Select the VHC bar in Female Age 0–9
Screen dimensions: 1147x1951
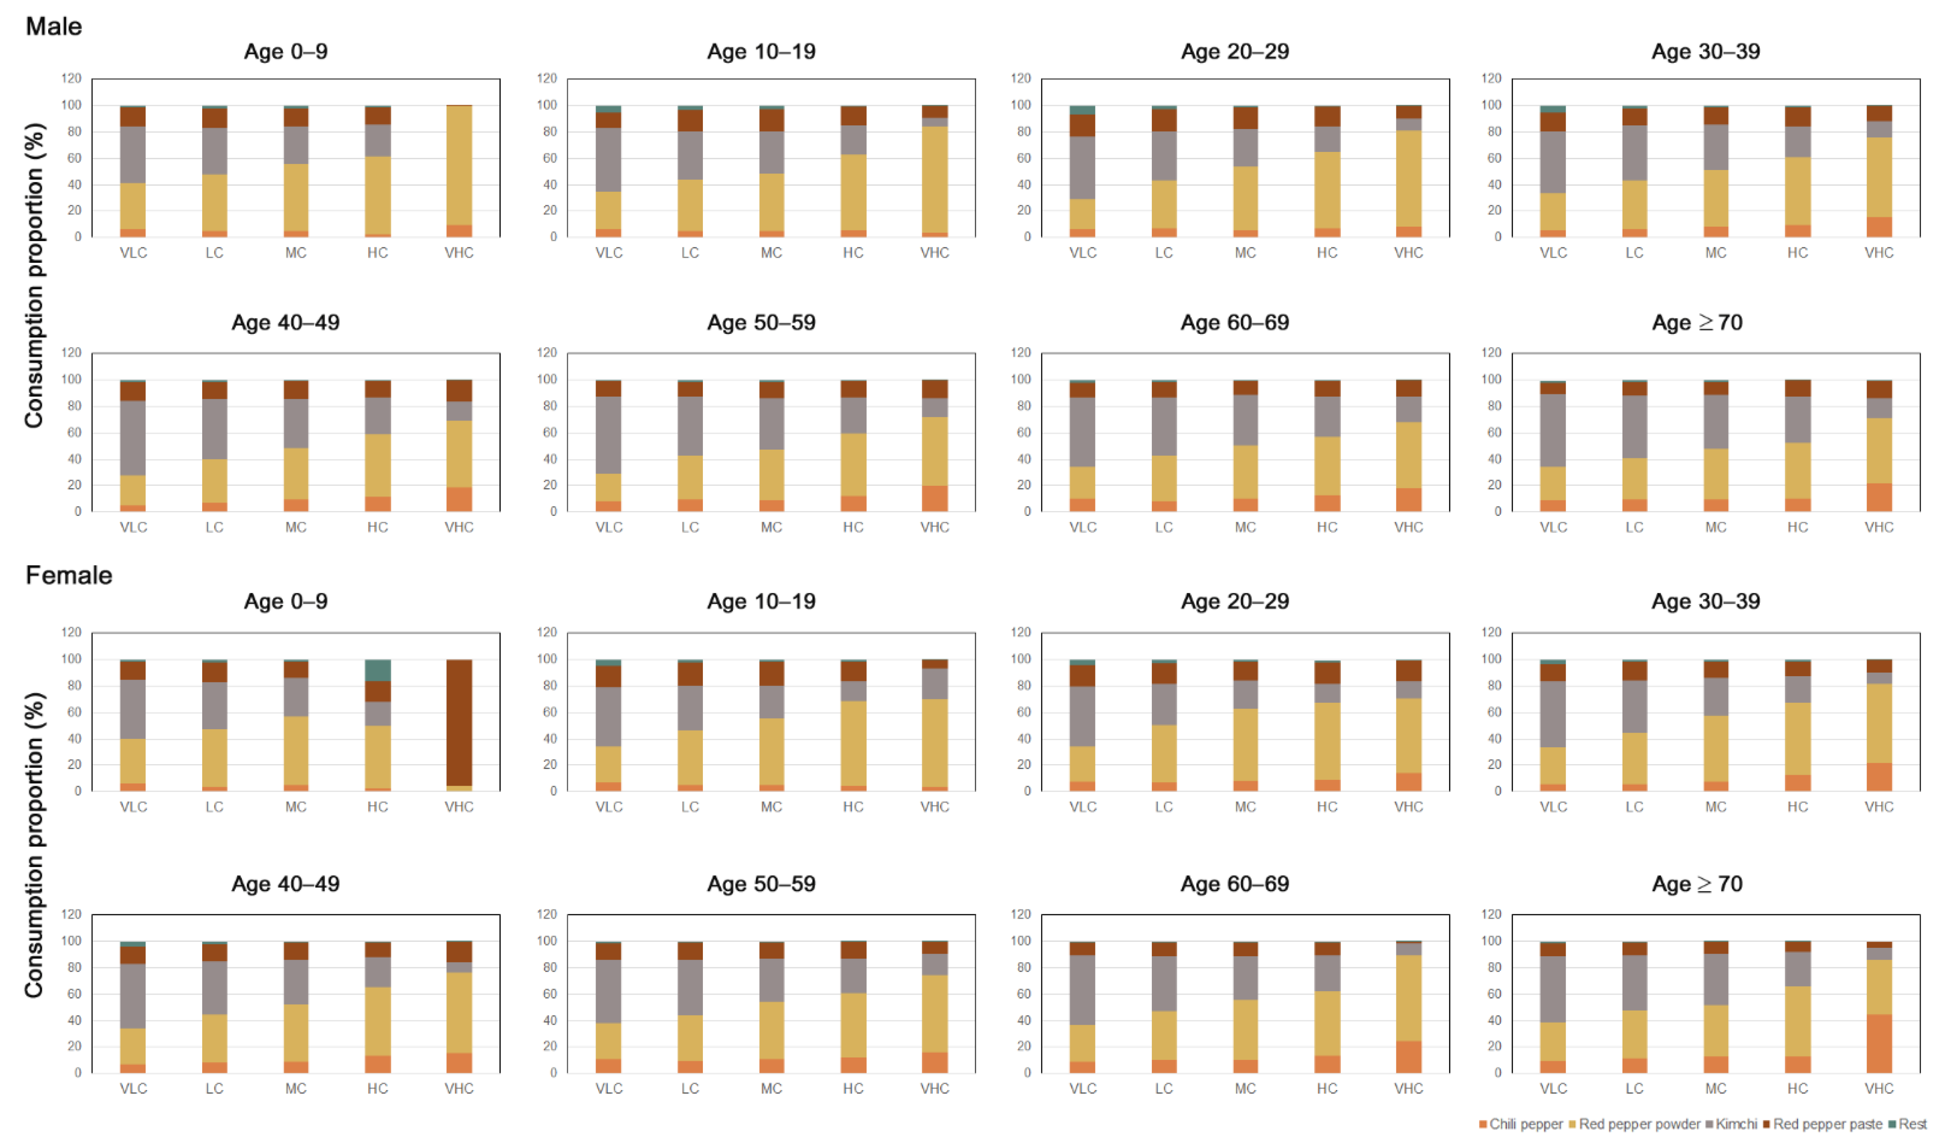(459, 725)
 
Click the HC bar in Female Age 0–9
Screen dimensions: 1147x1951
(378, 725)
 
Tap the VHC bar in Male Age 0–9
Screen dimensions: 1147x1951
(459, 170)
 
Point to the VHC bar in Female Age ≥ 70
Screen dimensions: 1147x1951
(1879, 1007)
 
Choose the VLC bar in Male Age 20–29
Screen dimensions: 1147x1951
(1082, 170)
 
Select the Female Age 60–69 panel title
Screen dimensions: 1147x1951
(1235, 884)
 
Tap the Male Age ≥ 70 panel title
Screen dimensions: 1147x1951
(1697, 323)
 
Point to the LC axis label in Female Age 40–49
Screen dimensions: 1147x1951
(215, 1088)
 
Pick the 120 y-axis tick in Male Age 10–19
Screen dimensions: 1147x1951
(547, 78)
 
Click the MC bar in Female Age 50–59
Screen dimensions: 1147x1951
(771, 1007)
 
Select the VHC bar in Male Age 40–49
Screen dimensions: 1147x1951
(459, 445)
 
